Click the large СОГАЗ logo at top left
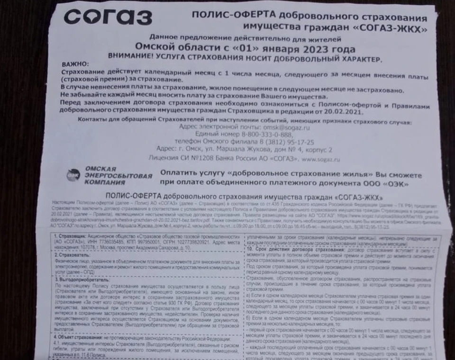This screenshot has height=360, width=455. click(x=108, y=17)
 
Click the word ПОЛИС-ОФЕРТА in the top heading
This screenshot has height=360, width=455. click(x=228, y=16)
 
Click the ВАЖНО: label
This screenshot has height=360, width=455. click(x=75, y=64)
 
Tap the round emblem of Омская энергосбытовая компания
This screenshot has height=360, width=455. click(x=73, y=175)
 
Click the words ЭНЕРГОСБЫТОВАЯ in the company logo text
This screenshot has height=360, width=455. click(x=119, y=176)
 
